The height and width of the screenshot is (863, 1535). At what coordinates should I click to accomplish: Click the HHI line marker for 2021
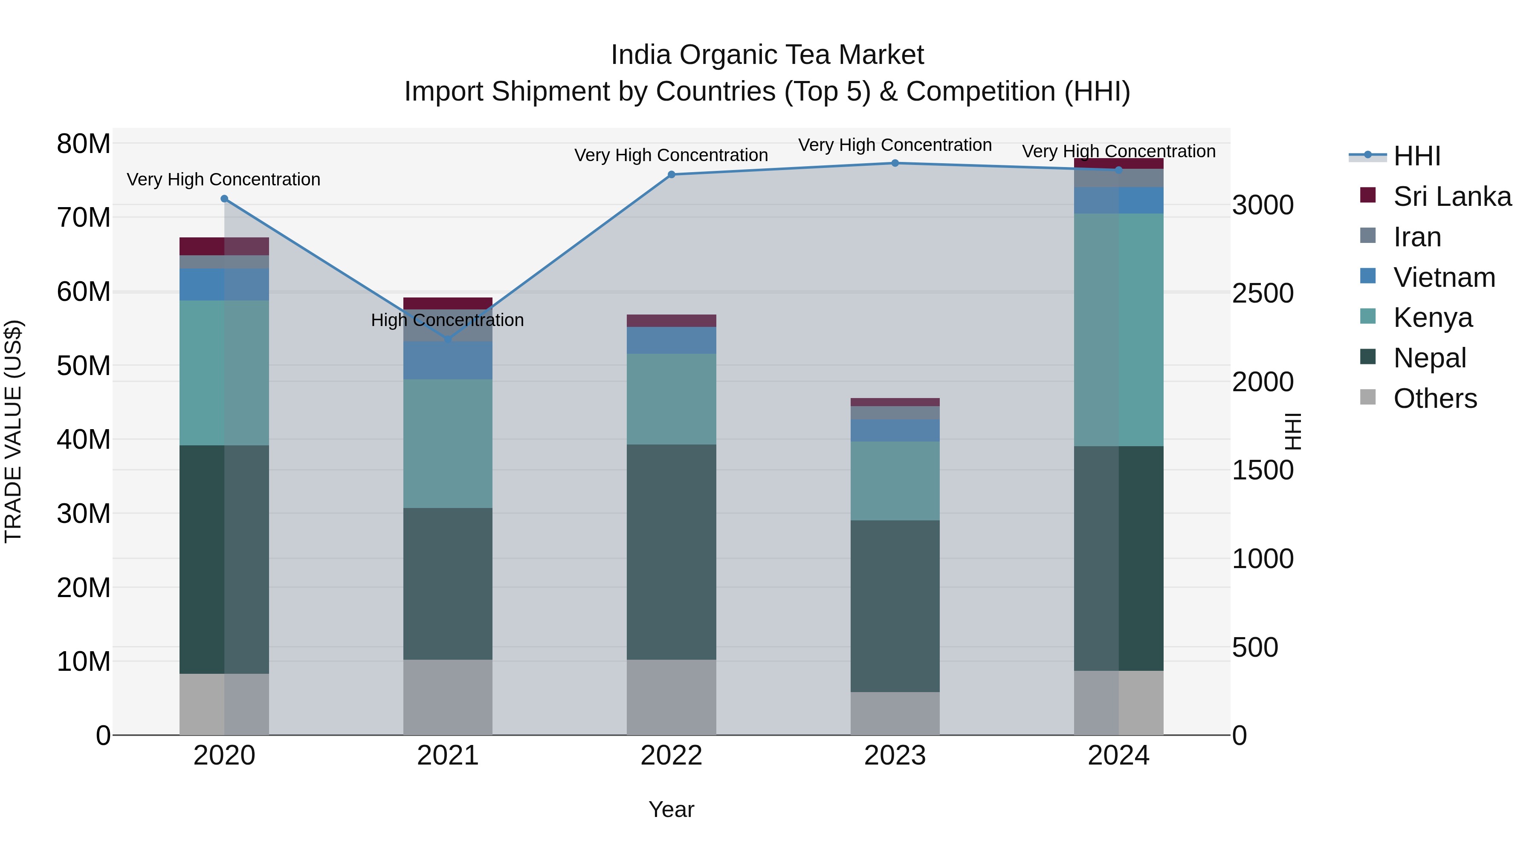click(x=448, y=340)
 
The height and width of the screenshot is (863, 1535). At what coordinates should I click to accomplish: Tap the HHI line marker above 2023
click(x=895, y=163)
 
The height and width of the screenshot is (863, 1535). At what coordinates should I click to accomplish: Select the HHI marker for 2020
click(x=224, y=199)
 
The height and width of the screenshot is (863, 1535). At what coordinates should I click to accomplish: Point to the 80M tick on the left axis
click(x=84, y=144)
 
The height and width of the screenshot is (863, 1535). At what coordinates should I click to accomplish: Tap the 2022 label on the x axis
click(x=671, y=756)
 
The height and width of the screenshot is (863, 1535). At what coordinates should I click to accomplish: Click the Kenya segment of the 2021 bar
click(x=448, y=443)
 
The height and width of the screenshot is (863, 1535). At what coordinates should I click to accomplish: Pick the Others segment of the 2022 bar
click(x=671, y=697)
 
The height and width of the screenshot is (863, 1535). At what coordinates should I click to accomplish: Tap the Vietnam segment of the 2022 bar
click(x=671, y=340)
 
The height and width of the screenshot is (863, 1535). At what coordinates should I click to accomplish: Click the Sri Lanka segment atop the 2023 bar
click(x=895, y=402)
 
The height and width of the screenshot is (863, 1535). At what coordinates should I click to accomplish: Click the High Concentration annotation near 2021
click(x=448, y=320)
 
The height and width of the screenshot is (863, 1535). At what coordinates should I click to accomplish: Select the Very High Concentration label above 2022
click(x=671, y=156)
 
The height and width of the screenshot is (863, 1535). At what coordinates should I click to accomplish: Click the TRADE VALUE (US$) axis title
click(x=14, y=431)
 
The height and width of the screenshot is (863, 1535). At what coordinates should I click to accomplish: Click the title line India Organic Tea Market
click(x=767, y=55)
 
